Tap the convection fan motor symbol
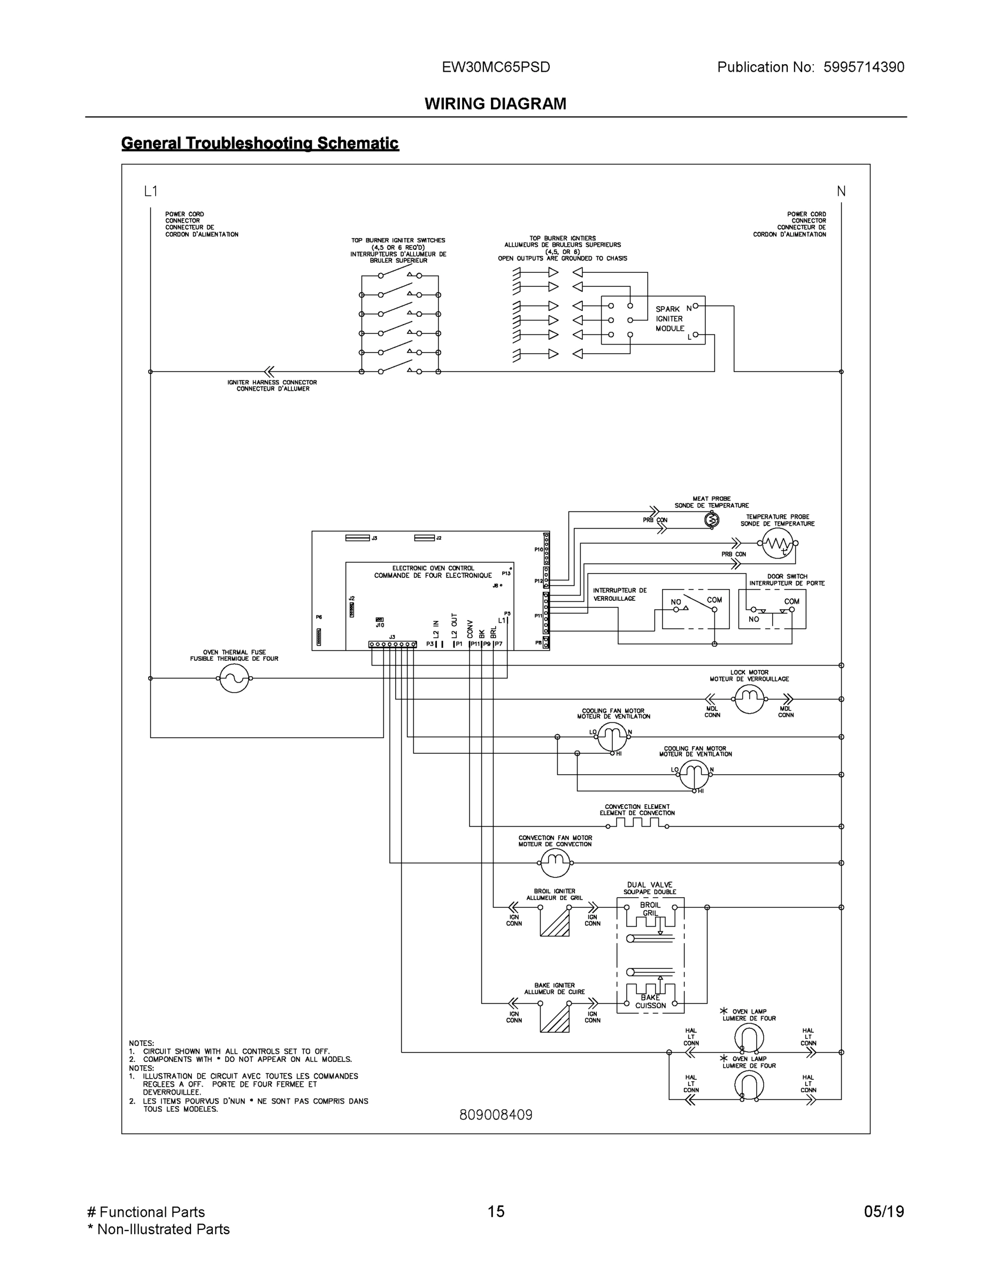[x=554, y=863]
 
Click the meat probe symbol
[x=712, y=519]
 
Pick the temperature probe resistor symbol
[x=776, y=544]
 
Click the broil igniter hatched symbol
[x=554, y=921]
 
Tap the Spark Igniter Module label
[x=670, y=319]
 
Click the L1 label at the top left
[x=151, y=191]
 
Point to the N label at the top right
[x=841, y=191]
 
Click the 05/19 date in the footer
[x=884, y=1211]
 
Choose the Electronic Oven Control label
[x=433, y=571]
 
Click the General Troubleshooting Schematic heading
[x=260, y=143]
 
